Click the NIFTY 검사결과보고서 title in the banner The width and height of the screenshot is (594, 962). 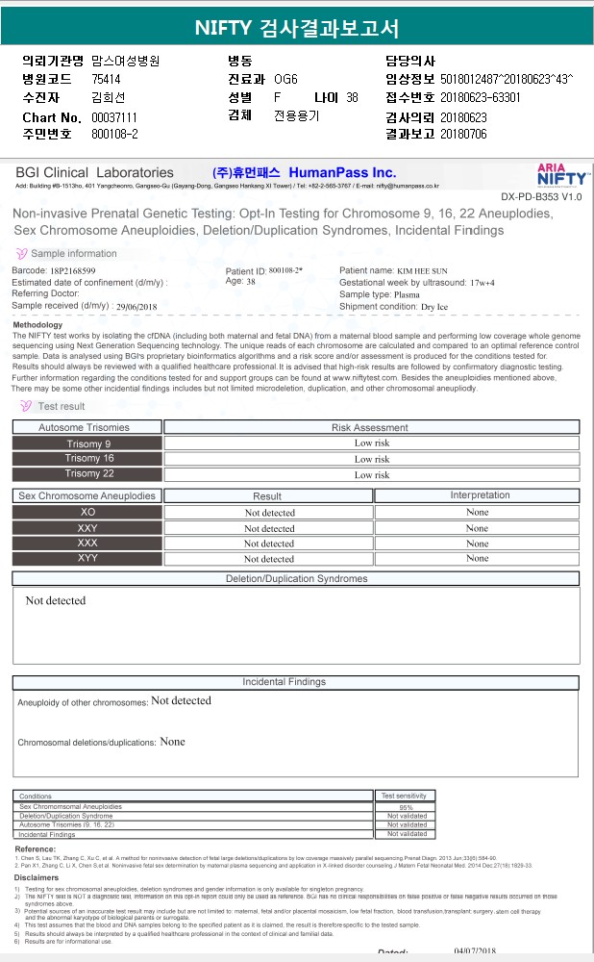tap(296, 27)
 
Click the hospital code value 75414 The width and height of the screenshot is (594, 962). tap(107, 79)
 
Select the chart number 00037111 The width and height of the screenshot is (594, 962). tap(113, 116)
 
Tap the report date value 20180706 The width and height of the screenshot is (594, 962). tap(463, 134)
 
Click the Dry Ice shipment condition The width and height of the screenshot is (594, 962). tap(434, 307)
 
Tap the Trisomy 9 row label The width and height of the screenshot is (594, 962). tap(88, 443)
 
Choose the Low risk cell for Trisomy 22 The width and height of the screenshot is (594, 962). tap(372, 474)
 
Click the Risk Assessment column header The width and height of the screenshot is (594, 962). tap(370, 427)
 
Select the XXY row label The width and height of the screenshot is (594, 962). tap(87, 528)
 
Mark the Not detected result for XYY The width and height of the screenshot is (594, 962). tap(269, 558)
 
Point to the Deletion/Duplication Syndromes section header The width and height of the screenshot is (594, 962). tap(296, 579)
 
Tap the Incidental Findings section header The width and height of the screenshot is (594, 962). tap(296, 682)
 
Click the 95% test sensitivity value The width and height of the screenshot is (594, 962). tap(407, 807)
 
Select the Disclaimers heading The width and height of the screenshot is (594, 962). tap(37, 877)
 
